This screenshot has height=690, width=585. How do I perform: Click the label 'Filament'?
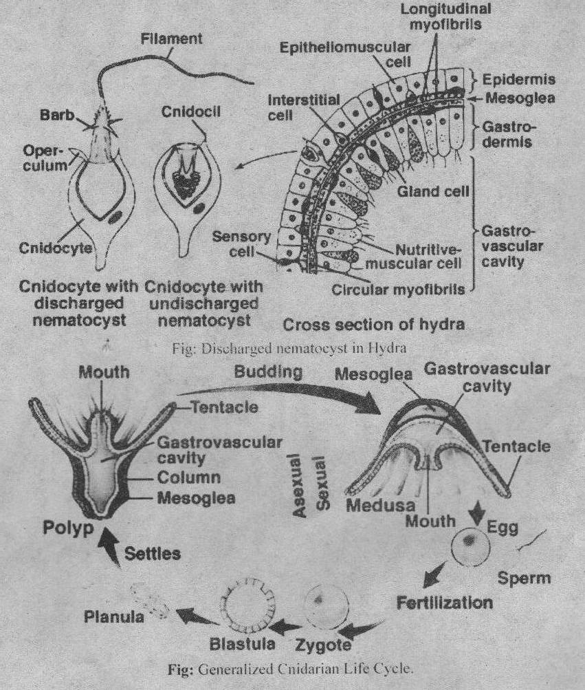(171, 40)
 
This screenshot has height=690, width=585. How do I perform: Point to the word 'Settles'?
(153, 552)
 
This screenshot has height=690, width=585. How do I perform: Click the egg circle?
(470, 545)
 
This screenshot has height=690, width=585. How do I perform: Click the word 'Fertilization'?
(445, 603)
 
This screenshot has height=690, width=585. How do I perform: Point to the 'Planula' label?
(114, 616)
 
